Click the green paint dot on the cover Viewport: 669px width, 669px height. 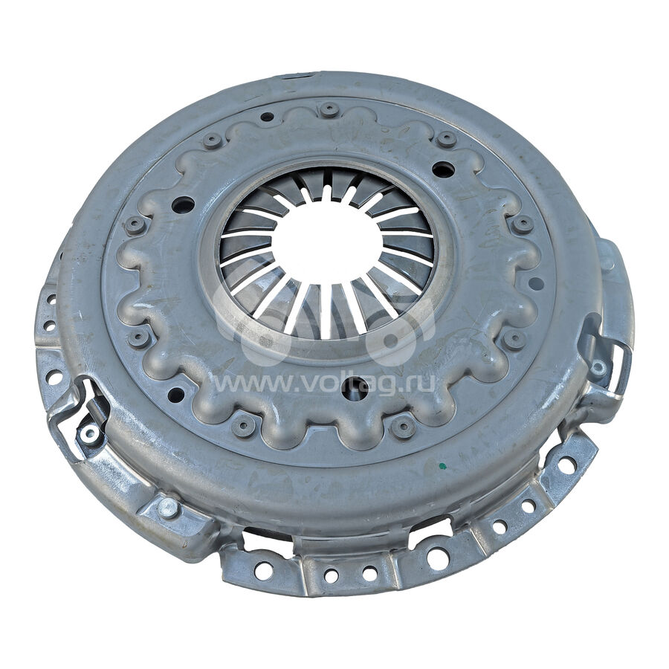click(x=443, y=465)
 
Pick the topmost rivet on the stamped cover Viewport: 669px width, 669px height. click(x=329, y=109)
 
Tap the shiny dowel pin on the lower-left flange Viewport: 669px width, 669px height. click(x=167, y=507)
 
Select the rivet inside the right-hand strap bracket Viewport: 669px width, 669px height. click(x=598, y=366)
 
